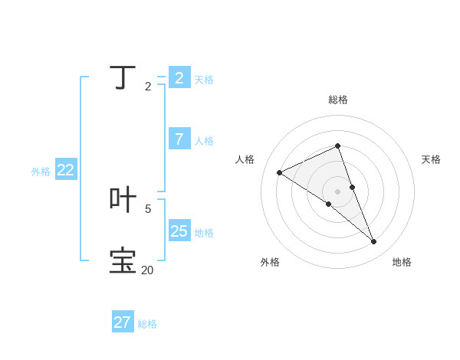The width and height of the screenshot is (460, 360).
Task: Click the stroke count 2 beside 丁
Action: (x=148, y=87)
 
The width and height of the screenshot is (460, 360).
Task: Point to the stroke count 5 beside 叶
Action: (x=148, y=208)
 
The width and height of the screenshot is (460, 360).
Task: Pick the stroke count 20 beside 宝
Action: (x=147, y=270)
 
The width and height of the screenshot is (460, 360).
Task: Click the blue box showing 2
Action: (x=179, y=77)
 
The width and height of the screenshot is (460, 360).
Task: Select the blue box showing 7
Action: (x=179, y=139)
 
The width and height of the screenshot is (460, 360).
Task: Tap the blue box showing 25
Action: (x=179, y=231)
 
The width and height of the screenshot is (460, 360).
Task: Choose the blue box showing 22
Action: (x=66, y=170)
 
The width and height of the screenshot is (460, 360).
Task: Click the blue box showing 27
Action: (x=123, y=322)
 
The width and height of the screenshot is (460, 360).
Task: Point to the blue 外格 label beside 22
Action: (x=41, y=172)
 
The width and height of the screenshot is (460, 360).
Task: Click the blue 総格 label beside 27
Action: (x=147, y=324)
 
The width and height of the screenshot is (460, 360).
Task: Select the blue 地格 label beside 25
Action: (x=204, y=233)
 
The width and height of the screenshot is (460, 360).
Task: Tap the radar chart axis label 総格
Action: (x=338, y=100)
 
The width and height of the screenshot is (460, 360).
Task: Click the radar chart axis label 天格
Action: (x=431, y=159)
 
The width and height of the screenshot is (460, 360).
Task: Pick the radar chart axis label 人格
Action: (x=245, y=159)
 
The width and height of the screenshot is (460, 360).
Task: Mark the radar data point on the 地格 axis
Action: (x=374, y=242)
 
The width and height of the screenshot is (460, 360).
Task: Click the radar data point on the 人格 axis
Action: (x=279, y=172)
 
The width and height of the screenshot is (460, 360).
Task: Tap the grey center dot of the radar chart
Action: (x=338, y=191)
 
